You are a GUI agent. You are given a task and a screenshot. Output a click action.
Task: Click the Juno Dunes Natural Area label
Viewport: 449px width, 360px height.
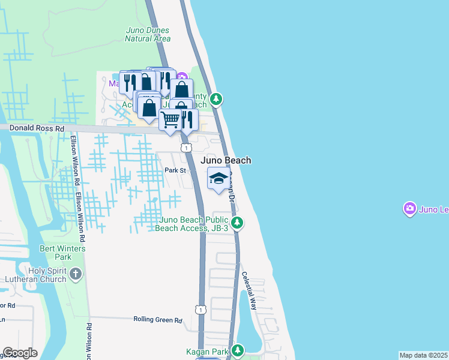click(x=148, y=34)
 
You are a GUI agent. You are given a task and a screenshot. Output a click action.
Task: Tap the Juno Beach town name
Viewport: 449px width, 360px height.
click(x=225, y=160)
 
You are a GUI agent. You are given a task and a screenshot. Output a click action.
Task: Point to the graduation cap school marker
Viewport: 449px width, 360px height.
click(x=218, y=178)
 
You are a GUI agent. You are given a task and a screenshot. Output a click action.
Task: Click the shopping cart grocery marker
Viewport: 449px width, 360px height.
click(x=170, y=121)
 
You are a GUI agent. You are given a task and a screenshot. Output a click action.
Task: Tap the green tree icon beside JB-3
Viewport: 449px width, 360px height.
click(x=238, y=223)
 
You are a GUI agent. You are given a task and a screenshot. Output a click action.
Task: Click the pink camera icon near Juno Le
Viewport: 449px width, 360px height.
click(x=410, y=209)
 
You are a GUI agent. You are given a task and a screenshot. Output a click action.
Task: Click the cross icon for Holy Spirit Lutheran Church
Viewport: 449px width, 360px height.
click(x=75, y=274)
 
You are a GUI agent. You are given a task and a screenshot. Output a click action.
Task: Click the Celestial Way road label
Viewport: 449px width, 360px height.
click(x=249, y=290)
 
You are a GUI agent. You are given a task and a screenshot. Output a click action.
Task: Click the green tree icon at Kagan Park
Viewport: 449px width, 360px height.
click(x=238, y=350)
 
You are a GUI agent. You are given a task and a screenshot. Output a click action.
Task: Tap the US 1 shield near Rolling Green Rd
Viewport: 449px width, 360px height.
click(x=200, y=308)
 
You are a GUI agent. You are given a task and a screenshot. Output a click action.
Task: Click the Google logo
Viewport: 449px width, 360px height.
click(x=20, y=353)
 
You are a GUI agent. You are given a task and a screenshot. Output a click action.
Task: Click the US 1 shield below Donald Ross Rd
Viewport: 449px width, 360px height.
click(x=187, y=148)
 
